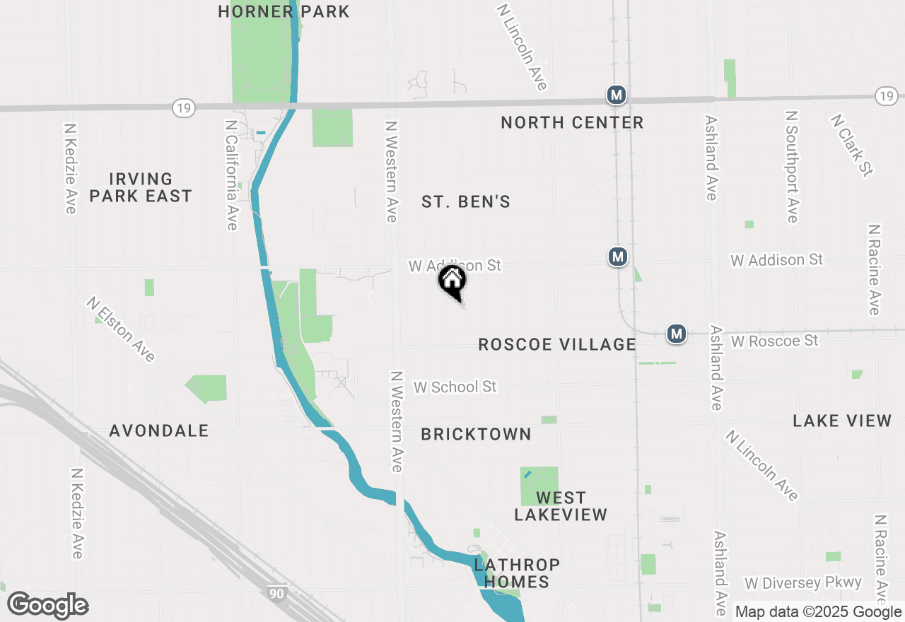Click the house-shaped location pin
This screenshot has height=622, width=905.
(x=452, y=281)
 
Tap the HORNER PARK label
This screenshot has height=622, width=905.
(x=284, y=11)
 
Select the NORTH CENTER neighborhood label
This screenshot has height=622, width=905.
(x=572, y=123)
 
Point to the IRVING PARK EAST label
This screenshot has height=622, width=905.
(x=141, y=187)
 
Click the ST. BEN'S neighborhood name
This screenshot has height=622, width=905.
(x=466, y=202)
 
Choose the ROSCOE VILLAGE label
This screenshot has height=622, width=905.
(x=557, y=344)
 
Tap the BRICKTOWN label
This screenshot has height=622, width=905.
(x=476, y=434)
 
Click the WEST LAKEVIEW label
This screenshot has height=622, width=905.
(x=561, y=506)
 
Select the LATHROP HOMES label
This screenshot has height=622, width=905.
(x=517, y=573)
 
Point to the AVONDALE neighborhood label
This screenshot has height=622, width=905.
(x=159, y=430)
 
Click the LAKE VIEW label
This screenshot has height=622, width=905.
(x=842, y=421)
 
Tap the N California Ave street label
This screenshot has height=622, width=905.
(x=231, y=174)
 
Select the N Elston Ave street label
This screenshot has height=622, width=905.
(x=121, y=329)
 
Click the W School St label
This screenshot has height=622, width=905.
(x=455, y=387)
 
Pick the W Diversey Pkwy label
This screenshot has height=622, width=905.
(x=803, y=583)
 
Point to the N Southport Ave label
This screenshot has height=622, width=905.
(x=792, y=166)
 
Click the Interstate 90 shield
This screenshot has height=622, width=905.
(x=276, y=593)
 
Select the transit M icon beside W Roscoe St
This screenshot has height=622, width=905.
(x=677, y=333)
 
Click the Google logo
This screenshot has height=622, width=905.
(x=48, y=605)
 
